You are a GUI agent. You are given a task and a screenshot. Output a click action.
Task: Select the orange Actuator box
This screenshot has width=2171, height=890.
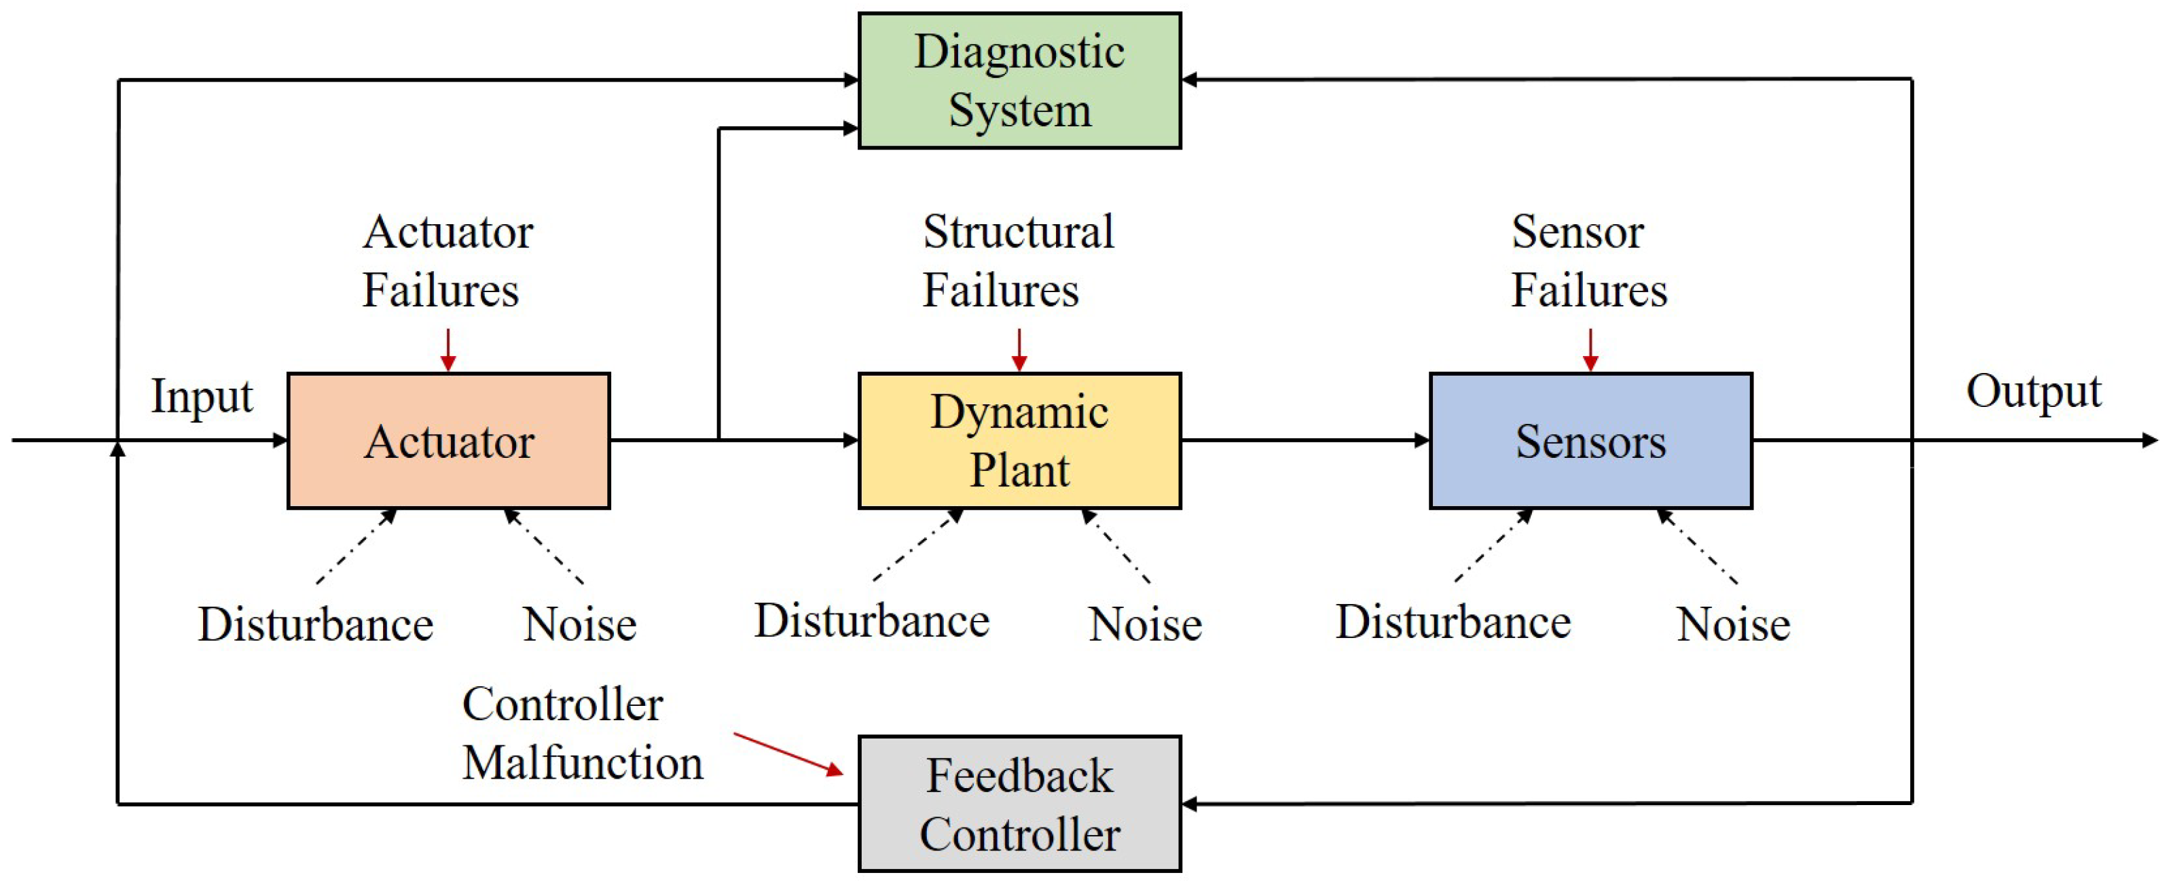pyautogui.click(x=448, y=441)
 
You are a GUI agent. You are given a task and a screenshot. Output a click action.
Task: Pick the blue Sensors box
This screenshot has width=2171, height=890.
pyautogui.click(x=1590, y=441)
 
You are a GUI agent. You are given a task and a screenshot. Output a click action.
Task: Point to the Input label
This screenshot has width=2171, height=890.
pyautogui.click(x=202, y=396)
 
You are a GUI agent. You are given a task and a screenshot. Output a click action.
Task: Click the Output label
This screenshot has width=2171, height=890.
pyautogui.click(x=2032, y=392)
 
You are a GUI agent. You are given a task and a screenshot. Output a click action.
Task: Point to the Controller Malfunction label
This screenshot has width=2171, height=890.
pyautogui.click(x=581, y=733)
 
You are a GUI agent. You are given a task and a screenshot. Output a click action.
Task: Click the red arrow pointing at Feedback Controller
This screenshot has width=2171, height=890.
pyautogui.click(x=788, y=753)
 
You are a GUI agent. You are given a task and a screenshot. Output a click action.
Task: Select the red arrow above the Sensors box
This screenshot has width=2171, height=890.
pyautogui.click(x=1590, y=350)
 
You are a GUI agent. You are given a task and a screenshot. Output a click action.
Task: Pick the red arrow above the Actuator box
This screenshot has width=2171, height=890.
pyautogui.click(x=448, y=350)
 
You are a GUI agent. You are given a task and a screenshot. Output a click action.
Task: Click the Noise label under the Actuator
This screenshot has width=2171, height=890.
pyautogui.click(x=579, y=624)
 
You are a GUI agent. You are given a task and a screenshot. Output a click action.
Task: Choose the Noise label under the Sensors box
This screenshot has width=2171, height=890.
pyautogui.click(x=1733, y=624)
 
